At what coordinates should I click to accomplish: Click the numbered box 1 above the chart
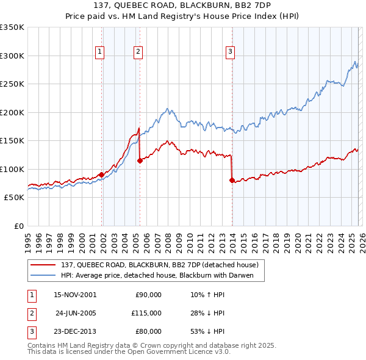[99, 52]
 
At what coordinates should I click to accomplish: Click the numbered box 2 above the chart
[138, 52]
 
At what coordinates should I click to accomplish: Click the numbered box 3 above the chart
[231, 52]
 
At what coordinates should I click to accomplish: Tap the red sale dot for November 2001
[101, 175]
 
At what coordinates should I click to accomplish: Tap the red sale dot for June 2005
[140, 161]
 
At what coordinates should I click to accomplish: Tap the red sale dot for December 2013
[232, 180]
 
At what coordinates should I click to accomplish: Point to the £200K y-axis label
[12, 112]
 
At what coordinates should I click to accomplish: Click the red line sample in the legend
[43, 265]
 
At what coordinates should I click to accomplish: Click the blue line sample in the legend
[43, 275]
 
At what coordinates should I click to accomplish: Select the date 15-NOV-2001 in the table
[75, 295]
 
